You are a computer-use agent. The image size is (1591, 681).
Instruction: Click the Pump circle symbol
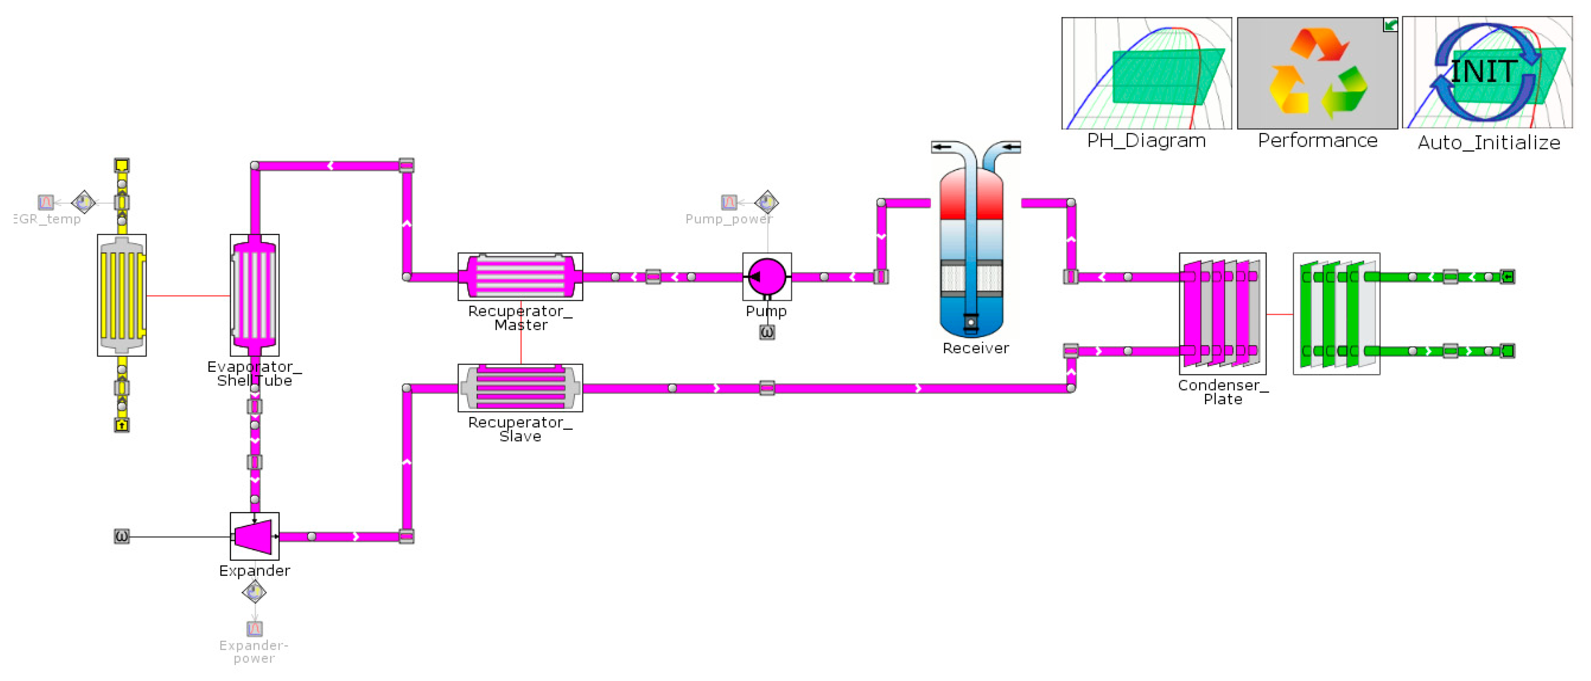(x=766, y=277)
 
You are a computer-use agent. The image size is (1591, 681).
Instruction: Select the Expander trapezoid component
(x=254, y=536)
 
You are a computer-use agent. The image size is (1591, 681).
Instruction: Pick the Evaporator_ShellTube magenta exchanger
(x=254, y=295)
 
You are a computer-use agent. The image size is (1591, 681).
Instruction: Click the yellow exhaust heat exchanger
(x=122, y=295)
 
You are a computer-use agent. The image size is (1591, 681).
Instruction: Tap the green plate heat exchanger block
(x=1336, y=314)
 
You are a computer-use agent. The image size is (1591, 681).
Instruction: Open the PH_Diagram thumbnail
(x=1146, y=73)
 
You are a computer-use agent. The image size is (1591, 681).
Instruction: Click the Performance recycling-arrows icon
(x=1317, y=73)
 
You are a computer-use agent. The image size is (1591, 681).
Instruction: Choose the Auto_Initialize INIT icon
(x=1487, y=73)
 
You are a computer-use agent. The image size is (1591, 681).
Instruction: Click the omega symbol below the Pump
(x=766, y=332)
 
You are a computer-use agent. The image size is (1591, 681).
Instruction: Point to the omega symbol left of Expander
(x=122, y=536)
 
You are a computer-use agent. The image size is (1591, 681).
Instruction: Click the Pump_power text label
(x=729, y=219)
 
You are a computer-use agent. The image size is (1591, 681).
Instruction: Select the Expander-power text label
(x=254, y=651)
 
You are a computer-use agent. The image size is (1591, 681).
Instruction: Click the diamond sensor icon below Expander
(x=254, y=591)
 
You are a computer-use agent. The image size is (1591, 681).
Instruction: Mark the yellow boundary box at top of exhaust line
(x=122, y=165)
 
